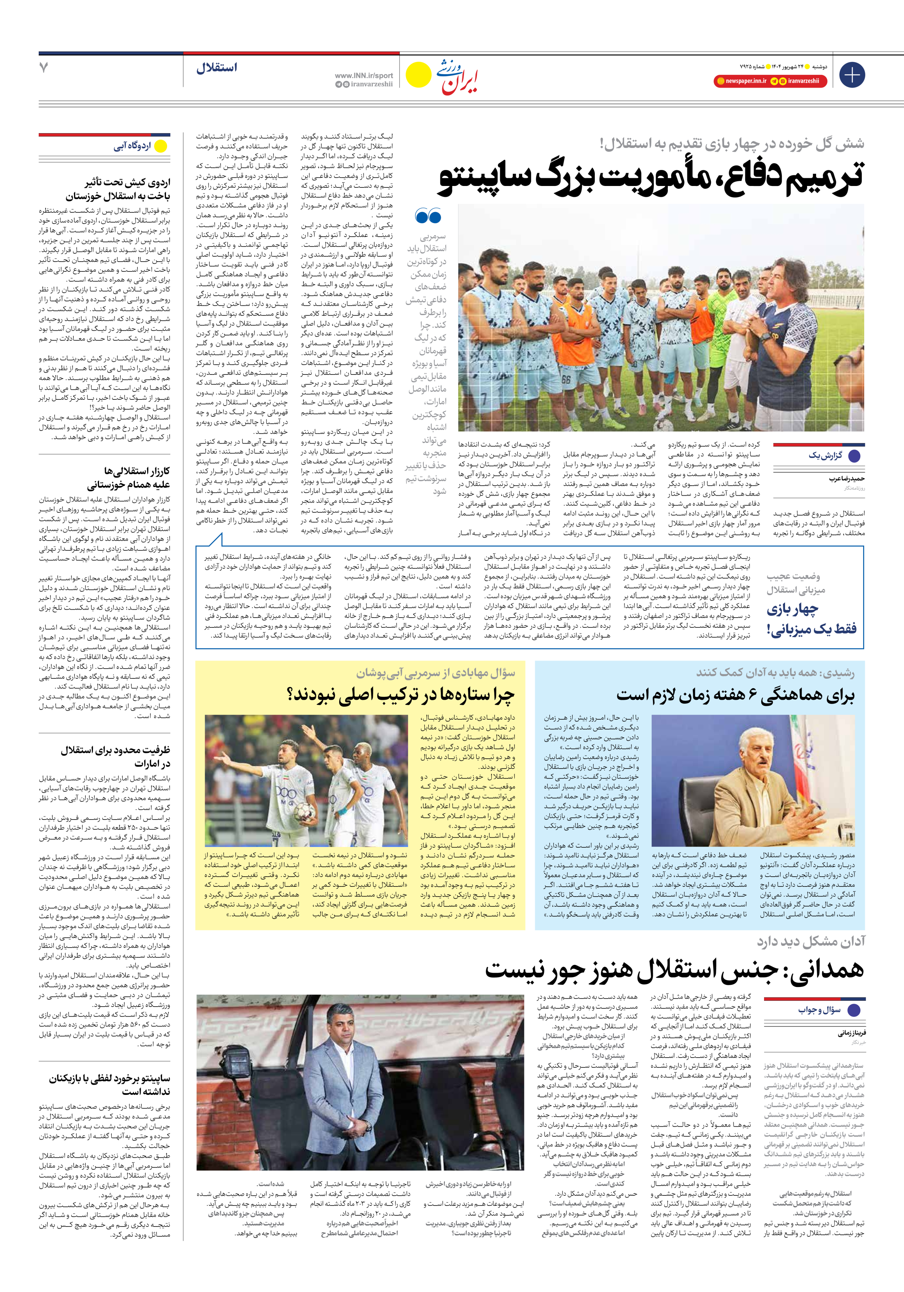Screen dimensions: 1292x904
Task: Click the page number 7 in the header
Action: pos(44,68)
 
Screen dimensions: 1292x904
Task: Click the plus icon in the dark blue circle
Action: pos(852,75)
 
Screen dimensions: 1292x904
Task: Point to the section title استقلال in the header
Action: pos(217,68)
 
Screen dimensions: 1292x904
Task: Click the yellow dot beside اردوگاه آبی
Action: pos(161,146)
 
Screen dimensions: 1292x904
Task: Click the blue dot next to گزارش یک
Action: pos(854,456)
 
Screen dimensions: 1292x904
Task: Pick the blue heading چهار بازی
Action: pos(792,609)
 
